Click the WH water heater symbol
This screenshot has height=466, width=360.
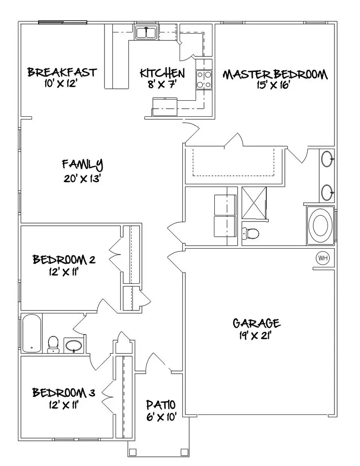(x=323, y=258)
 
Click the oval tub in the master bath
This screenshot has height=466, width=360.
(x=320, y=225)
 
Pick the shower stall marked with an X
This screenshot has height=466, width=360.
(x=254, y=203)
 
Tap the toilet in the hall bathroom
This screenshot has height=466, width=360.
(x=53, y=345)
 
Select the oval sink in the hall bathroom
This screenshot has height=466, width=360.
(x=74, y=345)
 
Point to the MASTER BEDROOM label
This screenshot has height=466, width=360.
(x=275, y=75)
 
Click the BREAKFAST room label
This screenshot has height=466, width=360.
(x=62, y=72)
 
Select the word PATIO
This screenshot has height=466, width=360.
(x=160, y=404)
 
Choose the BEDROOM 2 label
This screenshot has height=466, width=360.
(x=64, y=260)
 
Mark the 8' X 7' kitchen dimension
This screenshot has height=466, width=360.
(x=162, y=85)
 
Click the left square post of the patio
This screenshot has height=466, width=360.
(x=132, y=452)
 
